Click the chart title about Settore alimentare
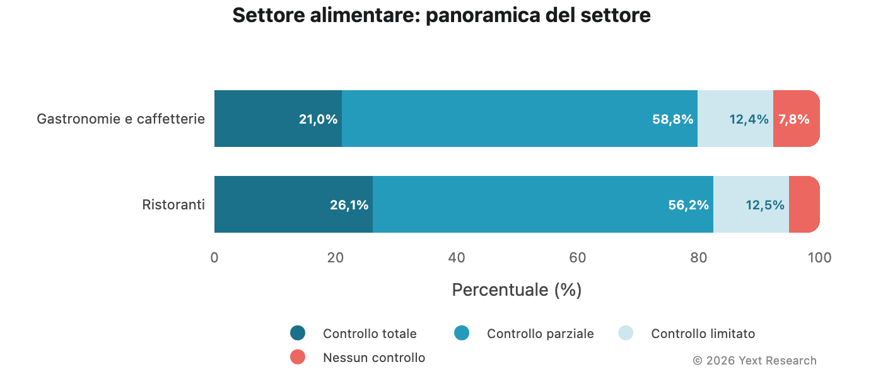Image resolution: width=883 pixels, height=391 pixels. click(x=441, y=15)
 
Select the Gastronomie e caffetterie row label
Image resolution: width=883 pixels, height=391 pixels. click(x=120, y=119)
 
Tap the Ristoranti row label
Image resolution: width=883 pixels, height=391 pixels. click(x=173, y=204)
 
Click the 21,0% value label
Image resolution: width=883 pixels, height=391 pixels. click(x=318, y=119)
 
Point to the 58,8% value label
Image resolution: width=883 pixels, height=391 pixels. click(x=672, y=119)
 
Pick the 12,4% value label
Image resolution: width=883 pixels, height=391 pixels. click(x=749, y=119)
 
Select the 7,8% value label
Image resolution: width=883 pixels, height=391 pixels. click(x=793, y=119)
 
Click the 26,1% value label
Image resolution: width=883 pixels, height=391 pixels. click(x=349, y=205)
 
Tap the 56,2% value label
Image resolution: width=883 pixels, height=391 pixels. click(x=688, y=205)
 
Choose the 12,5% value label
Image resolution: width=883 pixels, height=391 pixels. click(x=764, y=205)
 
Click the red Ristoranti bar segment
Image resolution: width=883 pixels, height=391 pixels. click(x=804, y=204)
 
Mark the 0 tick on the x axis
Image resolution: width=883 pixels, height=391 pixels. click(x=214, y=257)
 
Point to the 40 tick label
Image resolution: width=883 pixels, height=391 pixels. click(x=457, y=257)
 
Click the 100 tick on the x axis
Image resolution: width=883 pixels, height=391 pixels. click(x=819, y=257)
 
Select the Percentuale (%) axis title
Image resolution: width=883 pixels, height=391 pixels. click(x=517, y=290)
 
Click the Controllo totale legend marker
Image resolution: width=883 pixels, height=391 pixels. click(x=298, y=333)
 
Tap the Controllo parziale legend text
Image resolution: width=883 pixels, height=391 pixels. click(x=540, y=334)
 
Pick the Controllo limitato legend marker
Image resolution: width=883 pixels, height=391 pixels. click(x=626, y=333)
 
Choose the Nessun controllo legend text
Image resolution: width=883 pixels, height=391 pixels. click(x=374, y=358)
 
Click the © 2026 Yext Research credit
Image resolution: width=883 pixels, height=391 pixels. click(x=754, y=361)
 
